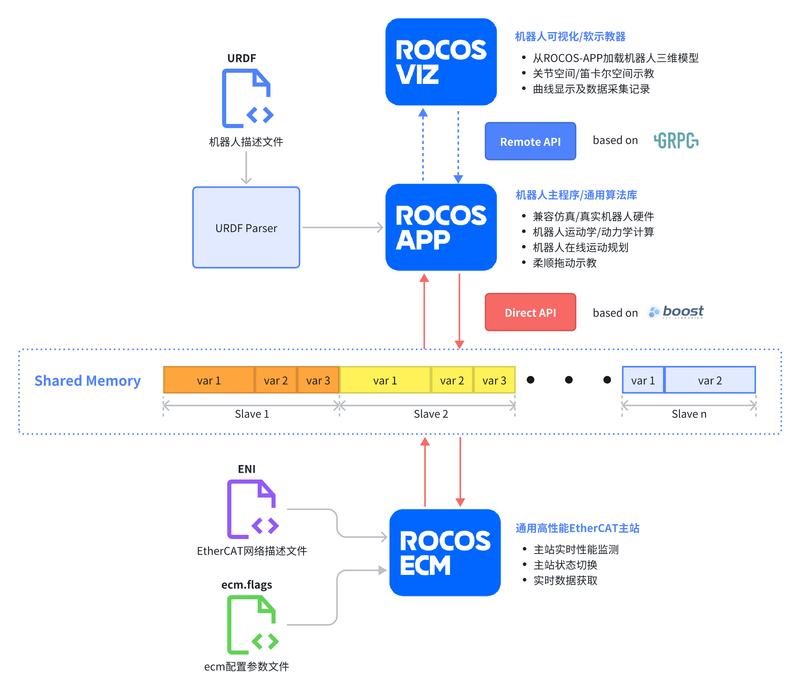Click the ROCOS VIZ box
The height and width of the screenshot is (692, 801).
coord(441,62)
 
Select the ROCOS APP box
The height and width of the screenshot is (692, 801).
coord(441,227)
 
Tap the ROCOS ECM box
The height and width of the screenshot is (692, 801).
coord(445,553)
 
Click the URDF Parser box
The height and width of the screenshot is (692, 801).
coord(246,228)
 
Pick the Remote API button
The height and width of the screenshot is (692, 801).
coord(531,142)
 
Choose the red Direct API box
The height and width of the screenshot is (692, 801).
coord(531,312)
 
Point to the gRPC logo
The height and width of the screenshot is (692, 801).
coord(676,140)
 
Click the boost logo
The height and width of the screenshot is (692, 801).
coord(677,312)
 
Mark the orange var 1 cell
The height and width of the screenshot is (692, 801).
coord(209,380)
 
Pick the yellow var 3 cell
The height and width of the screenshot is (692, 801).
coord(494,380)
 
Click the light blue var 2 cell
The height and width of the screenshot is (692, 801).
coord(710,380)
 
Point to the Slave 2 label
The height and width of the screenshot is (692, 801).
coord(431,414)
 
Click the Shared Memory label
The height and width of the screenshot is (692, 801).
coord(87,381)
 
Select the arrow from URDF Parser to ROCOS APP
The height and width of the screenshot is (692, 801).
coord(342,228)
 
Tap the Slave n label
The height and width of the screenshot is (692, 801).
coord(689,414)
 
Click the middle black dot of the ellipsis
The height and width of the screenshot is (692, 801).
coord(569,380)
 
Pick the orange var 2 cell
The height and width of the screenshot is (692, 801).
coord(276,380)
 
